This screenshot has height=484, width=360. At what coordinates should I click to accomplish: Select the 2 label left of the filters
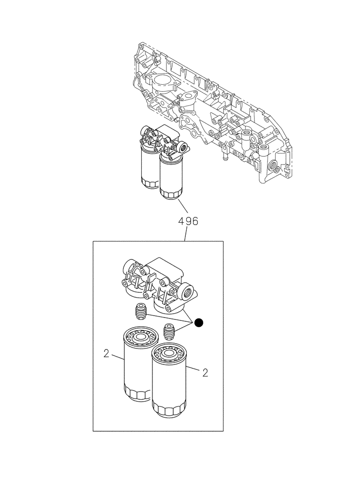pos(106,354)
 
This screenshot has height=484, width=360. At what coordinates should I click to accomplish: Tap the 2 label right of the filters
pos(205,372)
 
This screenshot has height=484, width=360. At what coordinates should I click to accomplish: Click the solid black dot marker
pos(198,322)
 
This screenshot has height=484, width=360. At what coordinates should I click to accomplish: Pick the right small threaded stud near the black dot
pos(169,331)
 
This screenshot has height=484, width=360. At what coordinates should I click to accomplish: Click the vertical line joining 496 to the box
pos(186,234)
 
